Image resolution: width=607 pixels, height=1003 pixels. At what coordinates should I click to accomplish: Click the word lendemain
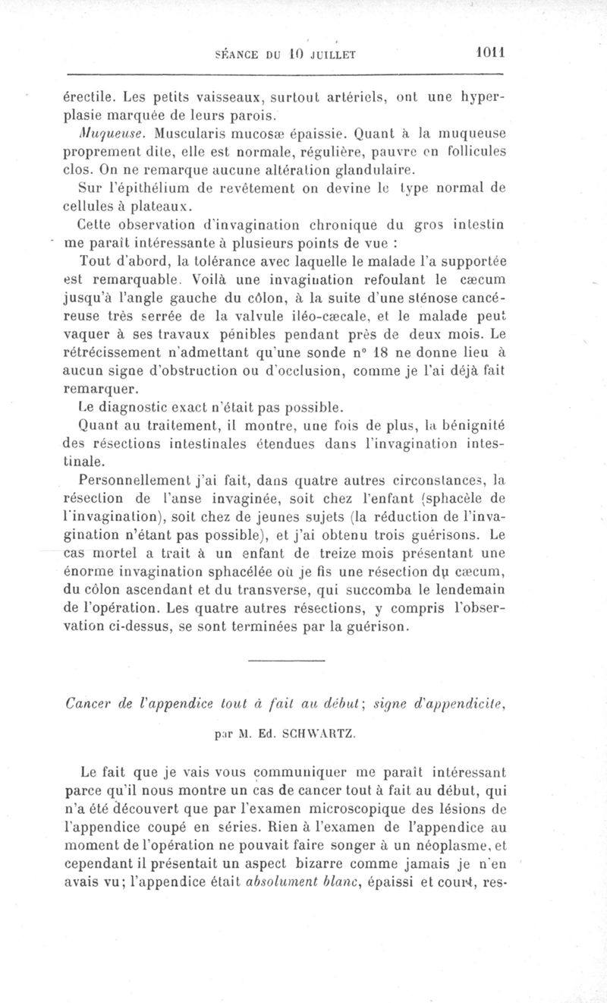[471, 589]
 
